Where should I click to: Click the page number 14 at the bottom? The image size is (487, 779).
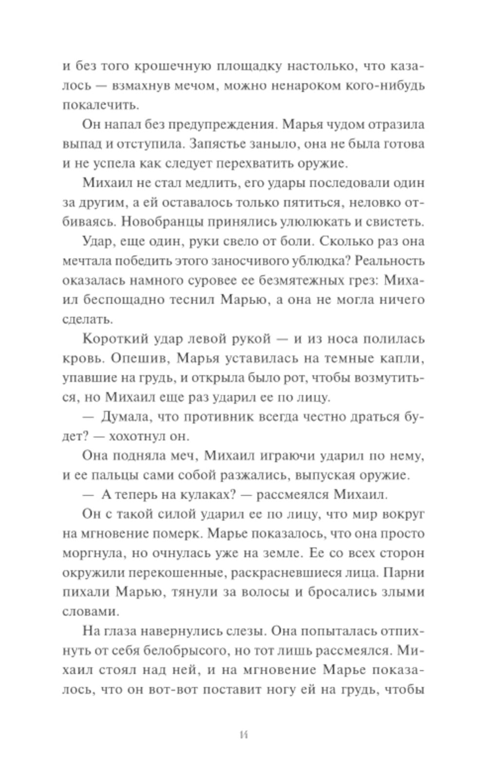tap(243, 735)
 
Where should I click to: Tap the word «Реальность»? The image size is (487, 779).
tap(390, 261)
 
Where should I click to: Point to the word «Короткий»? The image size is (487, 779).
tap(114, 339)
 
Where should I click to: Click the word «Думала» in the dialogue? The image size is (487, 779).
tap(129, 417)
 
